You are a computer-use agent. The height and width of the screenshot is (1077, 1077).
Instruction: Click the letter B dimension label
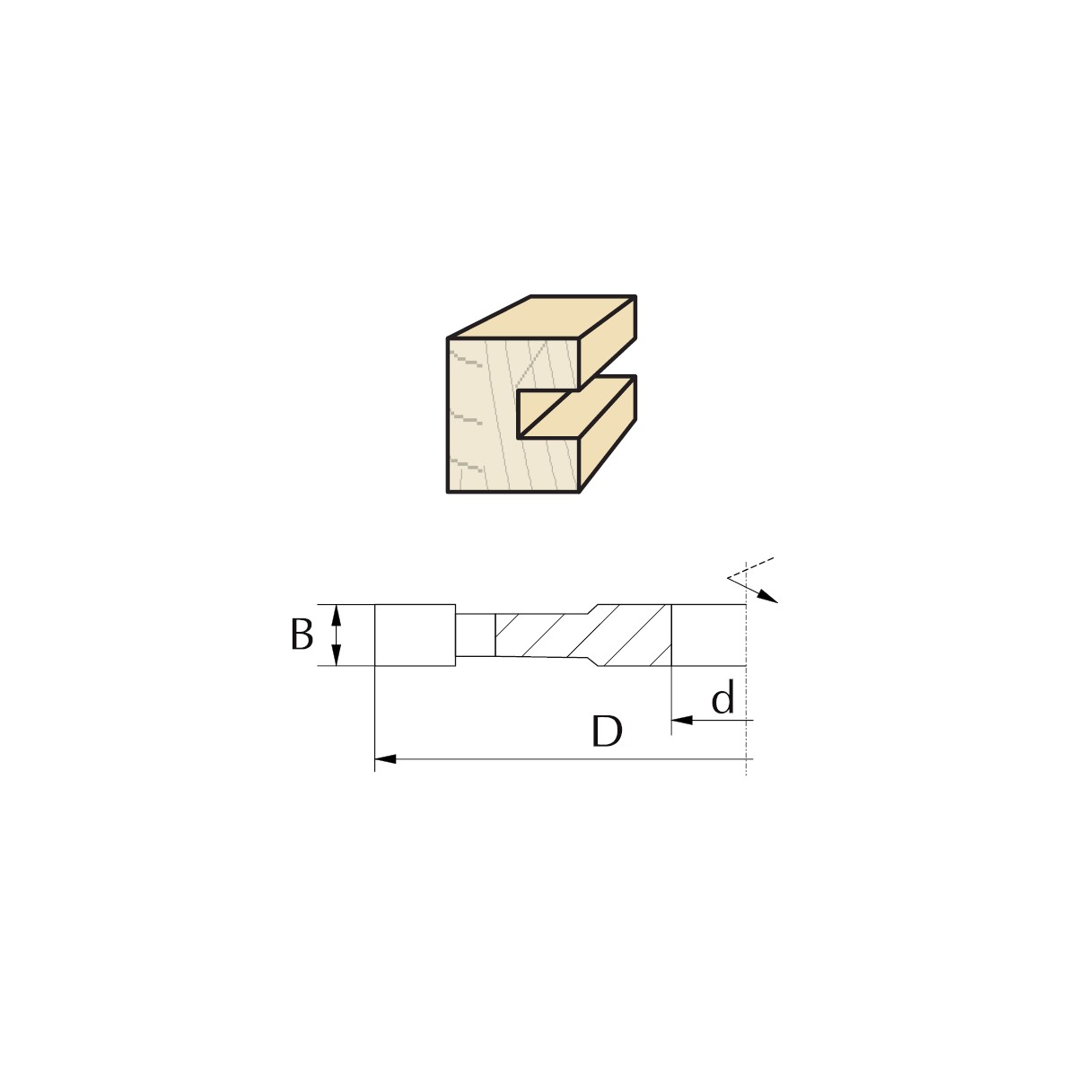[302, 635]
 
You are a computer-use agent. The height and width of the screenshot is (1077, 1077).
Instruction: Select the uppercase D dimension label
[607, 731]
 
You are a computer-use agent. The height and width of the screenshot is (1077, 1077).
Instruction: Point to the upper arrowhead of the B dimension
[336, 616]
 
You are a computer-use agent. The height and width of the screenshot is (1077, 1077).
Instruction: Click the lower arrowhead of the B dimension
[336, 655]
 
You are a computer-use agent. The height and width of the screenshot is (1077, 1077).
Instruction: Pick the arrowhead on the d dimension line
[682, 721]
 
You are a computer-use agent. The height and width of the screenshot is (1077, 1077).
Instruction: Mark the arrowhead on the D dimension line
[385, 759]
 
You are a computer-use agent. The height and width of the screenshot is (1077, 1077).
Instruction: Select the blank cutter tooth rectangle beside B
[415, 635]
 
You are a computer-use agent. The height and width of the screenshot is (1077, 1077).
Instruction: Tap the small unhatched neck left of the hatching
[476, 635]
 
